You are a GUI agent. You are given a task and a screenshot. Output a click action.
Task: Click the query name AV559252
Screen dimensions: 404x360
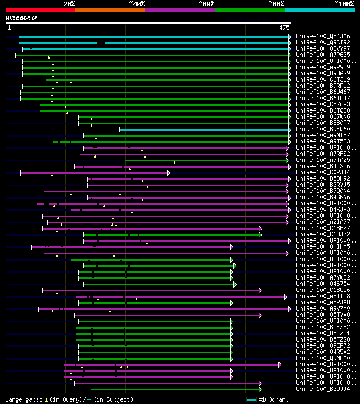pos(21,18)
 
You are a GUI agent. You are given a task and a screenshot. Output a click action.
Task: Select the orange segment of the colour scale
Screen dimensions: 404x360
pos(110,10)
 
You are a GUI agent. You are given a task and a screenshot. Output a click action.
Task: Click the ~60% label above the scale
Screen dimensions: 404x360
pos(206,4)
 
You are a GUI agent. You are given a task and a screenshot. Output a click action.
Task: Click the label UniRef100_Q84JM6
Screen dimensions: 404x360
pos(323,36)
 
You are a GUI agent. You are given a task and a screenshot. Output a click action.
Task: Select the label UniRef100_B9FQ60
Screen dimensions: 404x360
pos(323,129)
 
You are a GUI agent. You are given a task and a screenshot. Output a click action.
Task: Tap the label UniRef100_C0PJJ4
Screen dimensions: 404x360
pos(323,172)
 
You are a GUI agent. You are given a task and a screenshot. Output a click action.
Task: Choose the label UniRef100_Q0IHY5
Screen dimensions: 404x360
pos(323,246)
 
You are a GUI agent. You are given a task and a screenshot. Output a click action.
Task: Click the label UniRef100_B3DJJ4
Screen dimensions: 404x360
pos(323,389)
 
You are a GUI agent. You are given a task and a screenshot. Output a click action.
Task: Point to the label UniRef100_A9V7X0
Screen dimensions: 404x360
pos(323,308)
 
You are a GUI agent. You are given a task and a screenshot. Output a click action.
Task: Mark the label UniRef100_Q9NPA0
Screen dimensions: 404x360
pos(323,358)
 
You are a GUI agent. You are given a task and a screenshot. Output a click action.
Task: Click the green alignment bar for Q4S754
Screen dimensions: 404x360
pos(157,284)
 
